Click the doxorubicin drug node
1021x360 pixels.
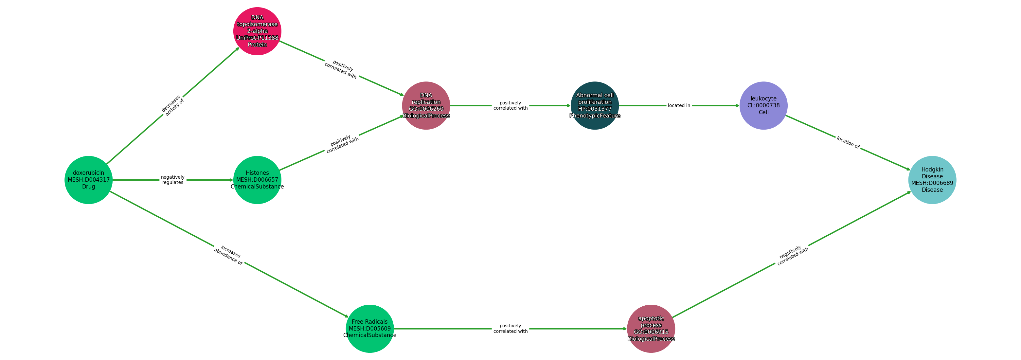coord(88,180)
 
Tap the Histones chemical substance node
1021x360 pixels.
coord(257,180)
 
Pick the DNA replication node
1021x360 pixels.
coord(426,105)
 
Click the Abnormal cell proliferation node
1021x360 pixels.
coord(595,105)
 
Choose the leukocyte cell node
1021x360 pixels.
coord(763,105)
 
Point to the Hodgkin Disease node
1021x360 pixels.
coord(932,180)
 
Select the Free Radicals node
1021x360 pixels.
coord(370,329)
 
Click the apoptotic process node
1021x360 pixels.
coord(651,329)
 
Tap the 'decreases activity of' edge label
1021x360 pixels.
coord(173,105)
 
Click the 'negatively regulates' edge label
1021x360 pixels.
coord(173,180)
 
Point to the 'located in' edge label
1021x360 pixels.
coord(679,105)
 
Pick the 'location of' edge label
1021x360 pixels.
coord(848,143)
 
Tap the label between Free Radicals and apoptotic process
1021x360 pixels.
coord(510,329)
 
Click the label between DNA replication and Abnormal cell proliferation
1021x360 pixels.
coord(510,105)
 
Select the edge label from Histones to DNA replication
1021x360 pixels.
coord(342,144)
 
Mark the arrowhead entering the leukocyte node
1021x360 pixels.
coord(737,105)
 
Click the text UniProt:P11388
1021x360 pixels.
coord(257,38)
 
